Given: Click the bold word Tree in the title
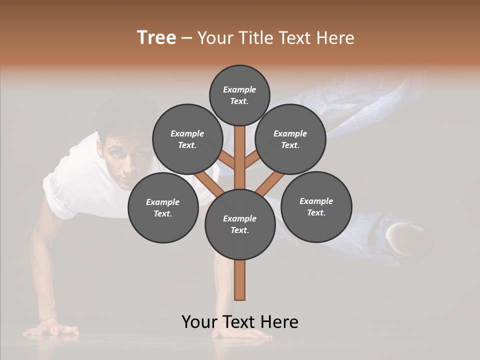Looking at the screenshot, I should coord(156,38).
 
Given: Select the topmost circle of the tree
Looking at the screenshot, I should coord(239,95).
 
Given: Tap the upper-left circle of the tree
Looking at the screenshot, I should coord(187,139).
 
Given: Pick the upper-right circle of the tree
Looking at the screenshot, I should coord(290,139).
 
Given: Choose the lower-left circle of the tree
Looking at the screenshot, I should coord(163,207).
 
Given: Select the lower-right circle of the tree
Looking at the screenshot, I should coord(316,206).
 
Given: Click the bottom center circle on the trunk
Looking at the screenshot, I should coord(240,224).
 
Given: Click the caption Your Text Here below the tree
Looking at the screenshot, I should coord(240,321).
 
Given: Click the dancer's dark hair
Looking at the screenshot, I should coord(120,117).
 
